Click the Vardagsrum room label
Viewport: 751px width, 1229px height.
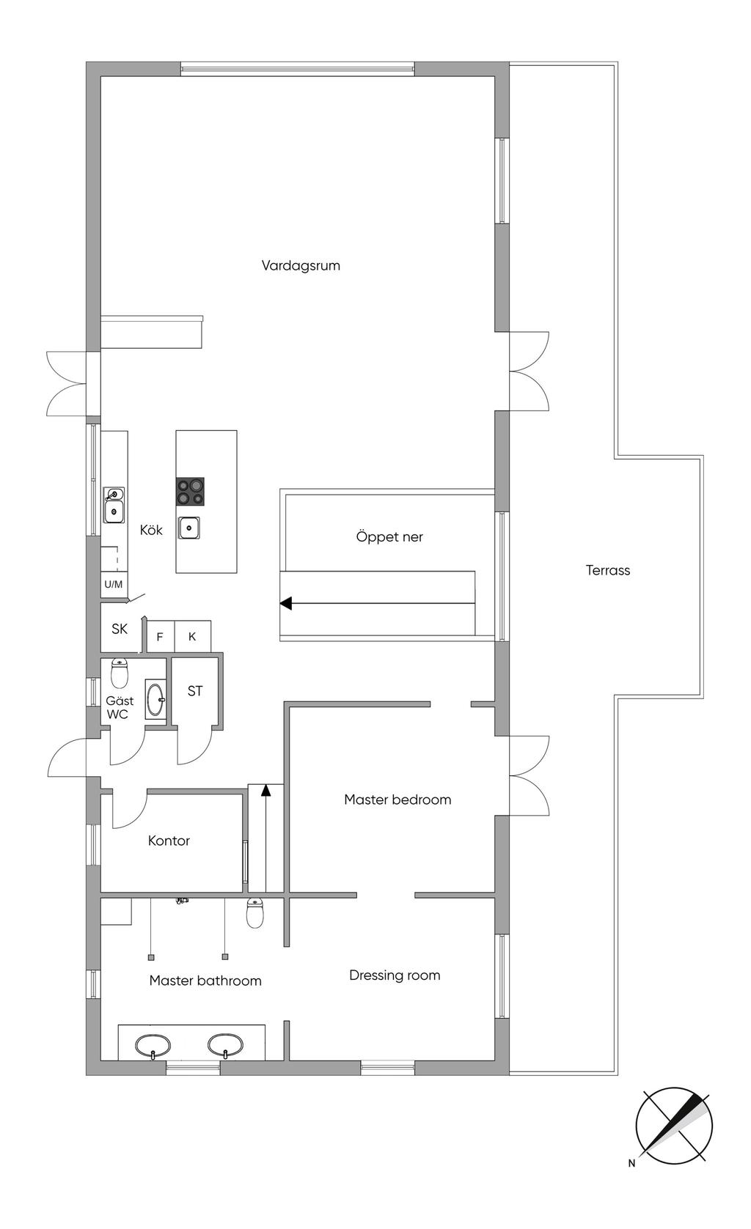pos(301,265)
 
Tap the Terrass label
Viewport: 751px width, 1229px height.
pos(607,570)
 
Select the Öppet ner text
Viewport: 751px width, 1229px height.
pos(389,536)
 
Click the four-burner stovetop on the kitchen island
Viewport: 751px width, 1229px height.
pos(190,491)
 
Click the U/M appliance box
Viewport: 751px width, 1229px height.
pos(114,584)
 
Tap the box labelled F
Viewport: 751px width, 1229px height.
pos(160,637)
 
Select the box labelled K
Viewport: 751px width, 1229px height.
pos(192,636)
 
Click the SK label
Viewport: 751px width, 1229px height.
pos(120,629)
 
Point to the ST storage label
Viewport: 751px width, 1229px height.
pos(195,691)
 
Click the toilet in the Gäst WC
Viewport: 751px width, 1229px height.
pos(120,671)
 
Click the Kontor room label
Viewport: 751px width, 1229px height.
pos(169,841)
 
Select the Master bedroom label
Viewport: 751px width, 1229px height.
pos(398,800)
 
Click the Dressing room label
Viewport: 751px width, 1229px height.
pos(395,975)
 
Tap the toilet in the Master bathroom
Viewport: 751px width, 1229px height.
pos(254,912)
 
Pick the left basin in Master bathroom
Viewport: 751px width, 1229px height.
pos(153,1044)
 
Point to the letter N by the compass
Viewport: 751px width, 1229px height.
pos(631,1162)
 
